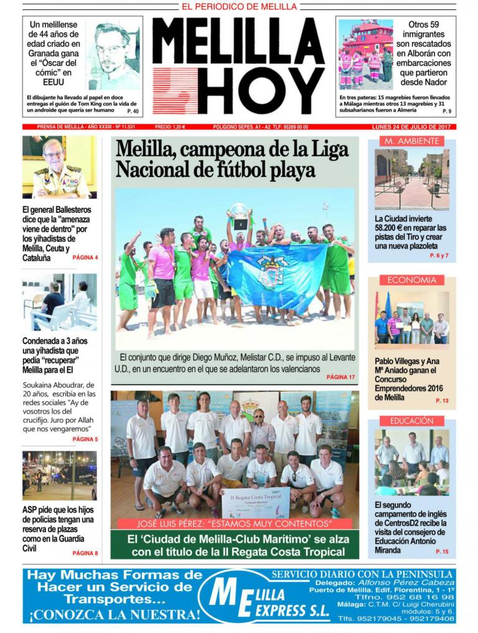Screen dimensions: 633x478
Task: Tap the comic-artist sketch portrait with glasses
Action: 113,55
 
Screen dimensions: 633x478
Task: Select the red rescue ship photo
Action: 366,54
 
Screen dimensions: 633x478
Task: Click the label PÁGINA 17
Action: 340,377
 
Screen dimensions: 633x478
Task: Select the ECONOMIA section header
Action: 411,280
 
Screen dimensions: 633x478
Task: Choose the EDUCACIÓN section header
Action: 411,421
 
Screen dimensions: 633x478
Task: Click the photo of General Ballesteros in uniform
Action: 60,167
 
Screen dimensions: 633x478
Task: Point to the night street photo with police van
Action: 60,476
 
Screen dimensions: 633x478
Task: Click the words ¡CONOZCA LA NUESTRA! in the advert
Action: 116,614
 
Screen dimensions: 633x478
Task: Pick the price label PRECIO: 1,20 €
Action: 170,127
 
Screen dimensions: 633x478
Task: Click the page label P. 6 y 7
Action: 438,256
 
